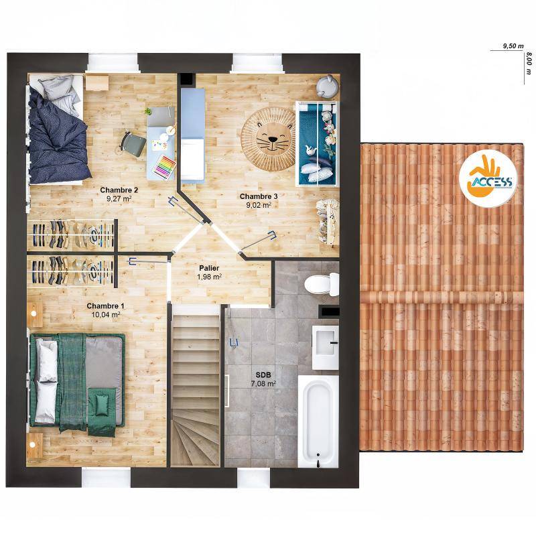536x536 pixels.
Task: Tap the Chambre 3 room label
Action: tap(259, 196)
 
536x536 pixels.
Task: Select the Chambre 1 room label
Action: tap(105, 306)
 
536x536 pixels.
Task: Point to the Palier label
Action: tap(209, 269)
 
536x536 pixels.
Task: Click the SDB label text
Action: tap(263, 376)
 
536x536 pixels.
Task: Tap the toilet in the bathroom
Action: tap(322, 284)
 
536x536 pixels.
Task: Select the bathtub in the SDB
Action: tap(318, 421)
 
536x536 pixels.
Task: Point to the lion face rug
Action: tap(269, 139)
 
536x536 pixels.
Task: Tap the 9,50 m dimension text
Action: tap(513, 46)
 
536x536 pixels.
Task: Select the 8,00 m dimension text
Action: tap(529, 63)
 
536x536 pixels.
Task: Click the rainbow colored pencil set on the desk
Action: tap(164, 167)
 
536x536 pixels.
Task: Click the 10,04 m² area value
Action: tap(106, 315)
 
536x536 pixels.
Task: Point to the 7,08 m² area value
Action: tap(263, 384)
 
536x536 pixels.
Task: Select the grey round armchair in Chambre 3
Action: tap(327, 86)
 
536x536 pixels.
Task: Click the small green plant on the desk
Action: tap(148, 111)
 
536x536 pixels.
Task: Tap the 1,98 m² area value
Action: tap(209, 277)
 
